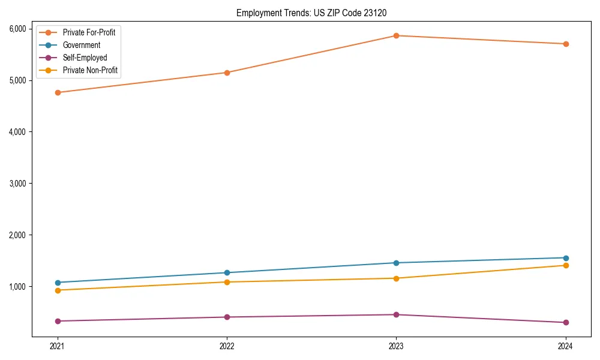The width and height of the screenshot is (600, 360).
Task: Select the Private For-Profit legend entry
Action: (89, 32)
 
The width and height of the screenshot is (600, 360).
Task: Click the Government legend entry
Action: (82, 45)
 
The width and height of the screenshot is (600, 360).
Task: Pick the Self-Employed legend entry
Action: (85, 58)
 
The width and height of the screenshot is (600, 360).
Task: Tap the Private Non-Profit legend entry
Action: (90, 70)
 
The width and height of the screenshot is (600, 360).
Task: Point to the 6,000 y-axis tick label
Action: (17, 29)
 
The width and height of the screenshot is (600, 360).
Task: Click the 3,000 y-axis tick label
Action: (17, 184)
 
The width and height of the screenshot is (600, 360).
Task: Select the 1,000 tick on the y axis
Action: (17, 287)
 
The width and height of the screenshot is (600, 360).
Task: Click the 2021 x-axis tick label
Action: (58, 346)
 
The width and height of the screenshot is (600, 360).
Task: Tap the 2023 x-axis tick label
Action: (396, 346)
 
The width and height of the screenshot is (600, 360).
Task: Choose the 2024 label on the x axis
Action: (565, 346)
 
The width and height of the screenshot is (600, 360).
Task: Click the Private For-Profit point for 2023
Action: (396, 35)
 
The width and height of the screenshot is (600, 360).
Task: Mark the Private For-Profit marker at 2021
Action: (58, 92)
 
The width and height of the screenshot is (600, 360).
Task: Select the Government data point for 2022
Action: (227, 273)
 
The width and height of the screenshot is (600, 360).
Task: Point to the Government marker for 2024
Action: (565, 258)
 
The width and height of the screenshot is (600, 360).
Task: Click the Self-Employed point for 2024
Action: (565, 323)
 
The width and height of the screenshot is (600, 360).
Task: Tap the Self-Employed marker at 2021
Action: (58, 321)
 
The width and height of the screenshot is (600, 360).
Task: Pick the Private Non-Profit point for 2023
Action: (396, 278)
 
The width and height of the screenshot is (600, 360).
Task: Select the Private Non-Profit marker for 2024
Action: (565, 265)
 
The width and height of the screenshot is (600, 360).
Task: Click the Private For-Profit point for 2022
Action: (227, 73)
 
